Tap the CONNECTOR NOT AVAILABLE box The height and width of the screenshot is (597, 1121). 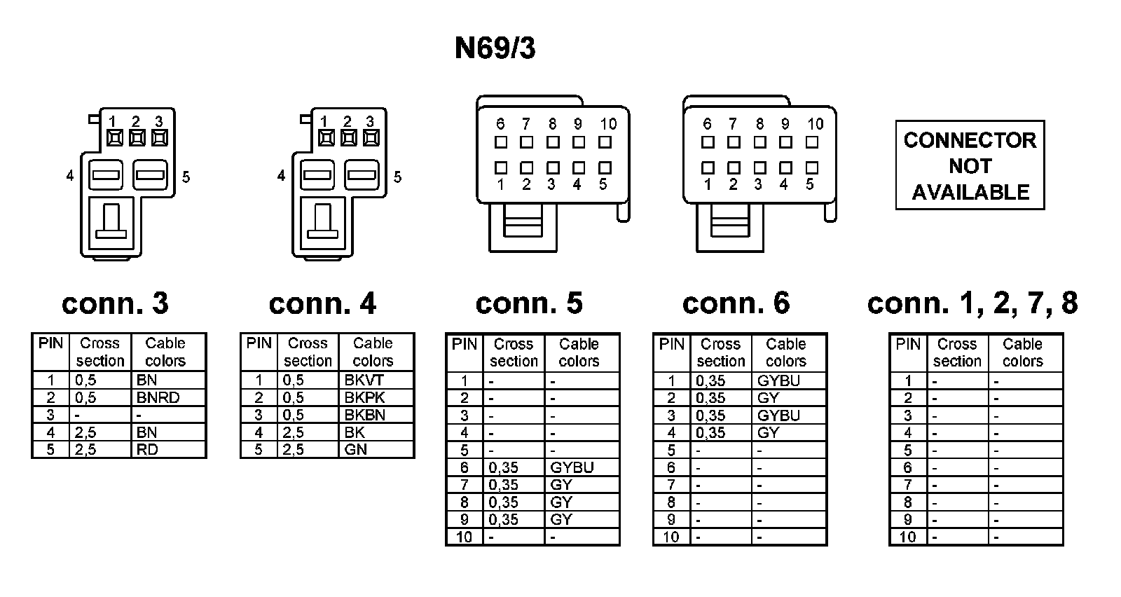970,165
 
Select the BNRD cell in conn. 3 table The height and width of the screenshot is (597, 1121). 158,397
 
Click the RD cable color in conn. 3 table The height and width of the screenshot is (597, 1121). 147,449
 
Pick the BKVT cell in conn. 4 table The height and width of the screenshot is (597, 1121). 364,380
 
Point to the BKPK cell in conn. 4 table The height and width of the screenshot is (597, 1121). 364,397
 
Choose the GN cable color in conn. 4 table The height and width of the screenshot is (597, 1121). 356,449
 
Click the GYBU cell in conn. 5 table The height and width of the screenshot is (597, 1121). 572,467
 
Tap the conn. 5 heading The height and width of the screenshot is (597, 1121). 529,303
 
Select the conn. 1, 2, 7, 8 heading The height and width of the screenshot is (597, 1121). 972,303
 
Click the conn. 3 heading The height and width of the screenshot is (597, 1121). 115,303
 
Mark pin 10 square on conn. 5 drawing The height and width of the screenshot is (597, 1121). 605,142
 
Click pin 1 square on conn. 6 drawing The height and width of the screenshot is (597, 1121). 708,168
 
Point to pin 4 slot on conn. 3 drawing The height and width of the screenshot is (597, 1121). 106,174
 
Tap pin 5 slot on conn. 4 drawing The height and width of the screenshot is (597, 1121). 362,174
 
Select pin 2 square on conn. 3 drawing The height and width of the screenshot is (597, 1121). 137,138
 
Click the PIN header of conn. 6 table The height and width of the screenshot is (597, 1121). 671,344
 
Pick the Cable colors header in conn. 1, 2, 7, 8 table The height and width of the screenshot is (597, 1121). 1022,352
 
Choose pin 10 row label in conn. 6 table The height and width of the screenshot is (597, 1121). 671,537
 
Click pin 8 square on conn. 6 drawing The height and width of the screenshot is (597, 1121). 760,142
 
